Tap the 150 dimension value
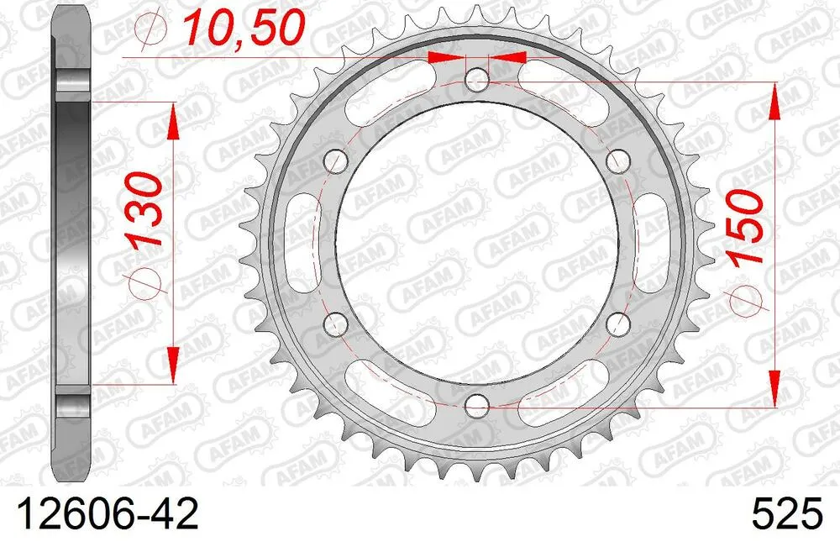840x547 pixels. pyautogui.click(x=747, y=227)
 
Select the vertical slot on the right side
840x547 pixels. pyautogui.click(x=653, y=241)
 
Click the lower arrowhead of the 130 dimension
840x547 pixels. pyautogui.click(x=173, y=366)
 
